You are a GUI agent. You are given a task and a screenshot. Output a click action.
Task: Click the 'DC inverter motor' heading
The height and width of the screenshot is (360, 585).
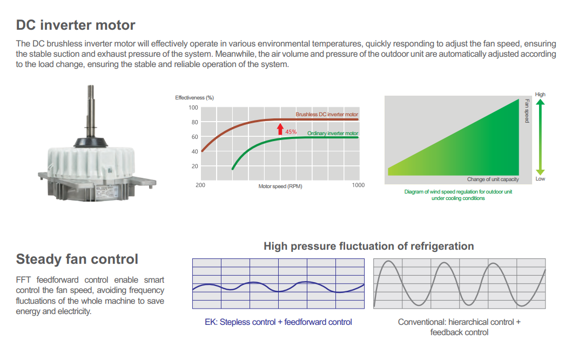pyautogui.click(x=76, y=25)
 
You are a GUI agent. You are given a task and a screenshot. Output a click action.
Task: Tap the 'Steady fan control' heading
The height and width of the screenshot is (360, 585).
pyautogui.click(x=77, y=259)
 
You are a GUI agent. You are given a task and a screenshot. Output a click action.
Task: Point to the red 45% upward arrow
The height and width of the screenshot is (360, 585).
pyautogui.click(x=280, y=129)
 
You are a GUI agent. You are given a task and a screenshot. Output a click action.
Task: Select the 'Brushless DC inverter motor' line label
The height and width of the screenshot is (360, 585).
pyautogui.click(x=327, y=114)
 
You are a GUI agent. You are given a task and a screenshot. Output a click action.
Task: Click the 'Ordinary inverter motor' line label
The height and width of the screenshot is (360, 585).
pyautogui.click(x=332, y=134)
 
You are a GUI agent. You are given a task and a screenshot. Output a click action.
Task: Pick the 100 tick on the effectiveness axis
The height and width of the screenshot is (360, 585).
pyautogui.click(x=193, y=108)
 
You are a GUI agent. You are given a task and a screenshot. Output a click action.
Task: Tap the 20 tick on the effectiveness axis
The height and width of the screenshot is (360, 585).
pyautogui.click(x=195, y=166)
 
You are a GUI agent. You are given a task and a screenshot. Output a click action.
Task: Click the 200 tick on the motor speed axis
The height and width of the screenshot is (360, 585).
pyautogui.click(x=200, y=185)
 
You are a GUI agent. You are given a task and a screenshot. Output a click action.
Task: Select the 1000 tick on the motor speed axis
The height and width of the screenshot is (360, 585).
pyautogui.click(x=358, y=185)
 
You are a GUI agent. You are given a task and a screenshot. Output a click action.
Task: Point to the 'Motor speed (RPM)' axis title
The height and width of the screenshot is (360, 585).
pyautogui.click(x=280, y=186)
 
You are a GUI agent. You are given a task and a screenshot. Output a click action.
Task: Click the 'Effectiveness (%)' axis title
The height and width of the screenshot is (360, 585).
pyautogui.click(x=194, y=98)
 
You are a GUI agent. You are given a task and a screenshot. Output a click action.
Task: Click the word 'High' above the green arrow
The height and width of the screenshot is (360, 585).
pyautogui.click(x=540, y=95)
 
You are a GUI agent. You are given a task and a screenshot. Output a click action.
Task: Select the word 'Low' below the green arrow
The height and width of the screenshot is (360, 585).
pyautogui.click(x=540, y=179)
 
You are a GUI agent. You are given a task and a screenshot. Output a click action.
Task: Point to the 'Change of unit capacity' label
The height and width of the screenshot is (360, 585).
pyautogui.click(x=493, y=179)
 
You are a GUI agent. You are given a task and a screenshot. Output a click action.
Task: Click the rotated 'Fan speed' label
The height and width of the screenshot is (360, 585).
pyautogui.click(x=527, y=111)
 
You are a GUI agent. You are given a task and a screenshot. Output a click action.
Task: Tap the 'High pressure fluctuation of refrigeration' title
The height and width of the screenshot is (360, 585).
pyautogui.click(x=368, y=246)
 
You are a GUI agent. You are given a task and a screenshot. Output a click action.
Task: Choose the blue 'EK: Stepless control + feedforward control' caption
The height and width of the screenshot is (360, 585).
pyautogui.click(x=278, y=322)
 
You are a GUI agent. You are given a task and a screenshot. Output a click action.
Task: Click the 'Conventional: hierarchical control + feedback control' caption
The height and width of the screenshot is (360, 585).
pyautogui.click(x=459, y=327)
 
